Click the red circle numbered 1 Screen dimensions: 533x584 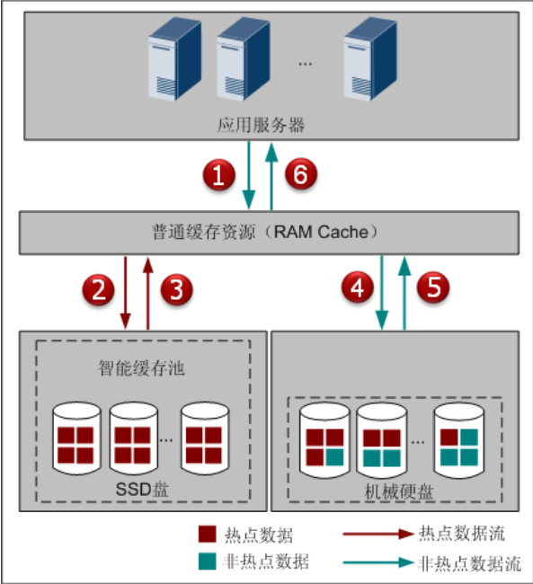coord(218,174)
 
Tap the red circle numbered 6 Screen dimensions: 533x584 coord(301,173)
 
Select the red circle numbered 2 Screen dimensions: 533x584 coord(98,290)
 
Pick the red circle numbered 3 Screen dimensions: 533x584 coord(177,289)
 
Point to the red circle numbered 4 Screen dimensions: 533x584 coord(358,287)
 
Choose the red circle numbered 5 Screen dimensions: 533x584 coord(433,287)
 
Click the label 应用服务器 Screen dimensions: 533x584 coord(261,125)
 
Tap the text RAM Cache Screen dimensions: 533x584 coord(321,232)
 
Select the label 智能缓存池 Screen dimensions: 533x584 coord(141,368)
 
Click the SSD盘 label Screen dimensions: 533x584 coord(142,490)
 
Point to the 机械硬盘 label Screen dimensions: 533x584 coord(399,491)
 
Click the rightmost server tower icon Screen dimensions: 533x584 coord(370,58)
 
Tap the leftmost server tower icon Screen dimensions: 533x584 coord(174,58)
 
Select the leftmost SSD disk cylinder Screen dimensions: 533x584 coord(76,438)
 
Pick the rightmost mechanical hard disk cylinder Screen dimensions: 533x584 coord(459,440)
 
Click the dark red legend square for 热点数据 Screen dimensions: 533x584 coord(208,534)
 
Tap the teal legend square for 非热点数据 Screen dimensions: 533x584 coord(208,561)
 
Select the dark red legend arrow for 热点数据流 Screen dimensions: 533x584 coord(378,534)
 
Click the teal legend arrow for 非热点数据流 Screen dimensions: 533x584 coord(378,562)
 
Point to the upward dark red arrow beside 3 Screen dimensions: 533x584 coord(148,293)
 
